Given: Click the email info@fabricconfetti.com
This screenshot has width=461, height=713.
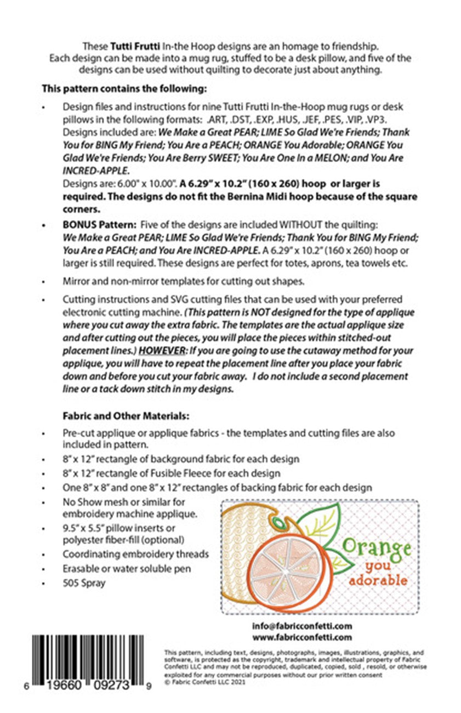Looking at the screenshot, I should click(302, 626).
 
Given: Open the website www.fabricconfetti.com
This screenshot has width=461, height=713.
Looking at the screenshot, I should click(302, 637).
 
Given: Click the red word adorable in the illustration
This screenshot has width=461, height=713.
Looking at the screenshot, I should click(378, 580).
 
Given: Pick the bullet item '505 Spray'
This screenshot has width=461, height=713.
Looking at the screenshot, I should click(84, 583).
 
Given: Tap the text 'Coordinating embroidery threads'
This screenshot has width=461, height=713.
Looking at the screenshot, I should click(135, 554).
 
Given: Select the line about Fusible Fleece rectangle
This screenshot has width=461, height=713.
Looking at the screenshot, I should click(172, 473).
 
